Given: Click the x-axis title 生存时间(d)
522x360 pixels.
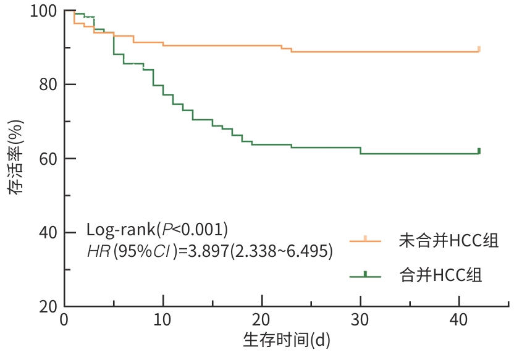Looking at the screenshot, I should pyautogui.click(x=287, y=340).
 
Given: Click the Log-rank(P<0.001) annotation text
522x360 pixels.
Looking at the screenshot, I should pyautogui.click(x=158, y=230).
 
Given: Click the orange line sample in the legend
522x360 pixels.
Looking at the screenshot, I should pyautogui.click(x=365, y=241).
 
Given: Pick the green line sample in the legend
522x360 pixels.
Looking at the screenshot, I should pyautogui.click(x=365, y=275).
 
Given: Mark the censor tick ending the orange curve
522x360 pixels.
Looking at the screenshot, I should pyautogui.click(x=479, y=49).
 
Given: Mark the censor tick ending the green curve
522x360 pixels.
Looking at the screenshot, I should pyautogui.click(x=479, y=151).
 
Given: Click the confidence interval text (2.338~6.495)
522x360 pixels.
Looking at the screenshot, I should pyautogui.click(x=281, y=251).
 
